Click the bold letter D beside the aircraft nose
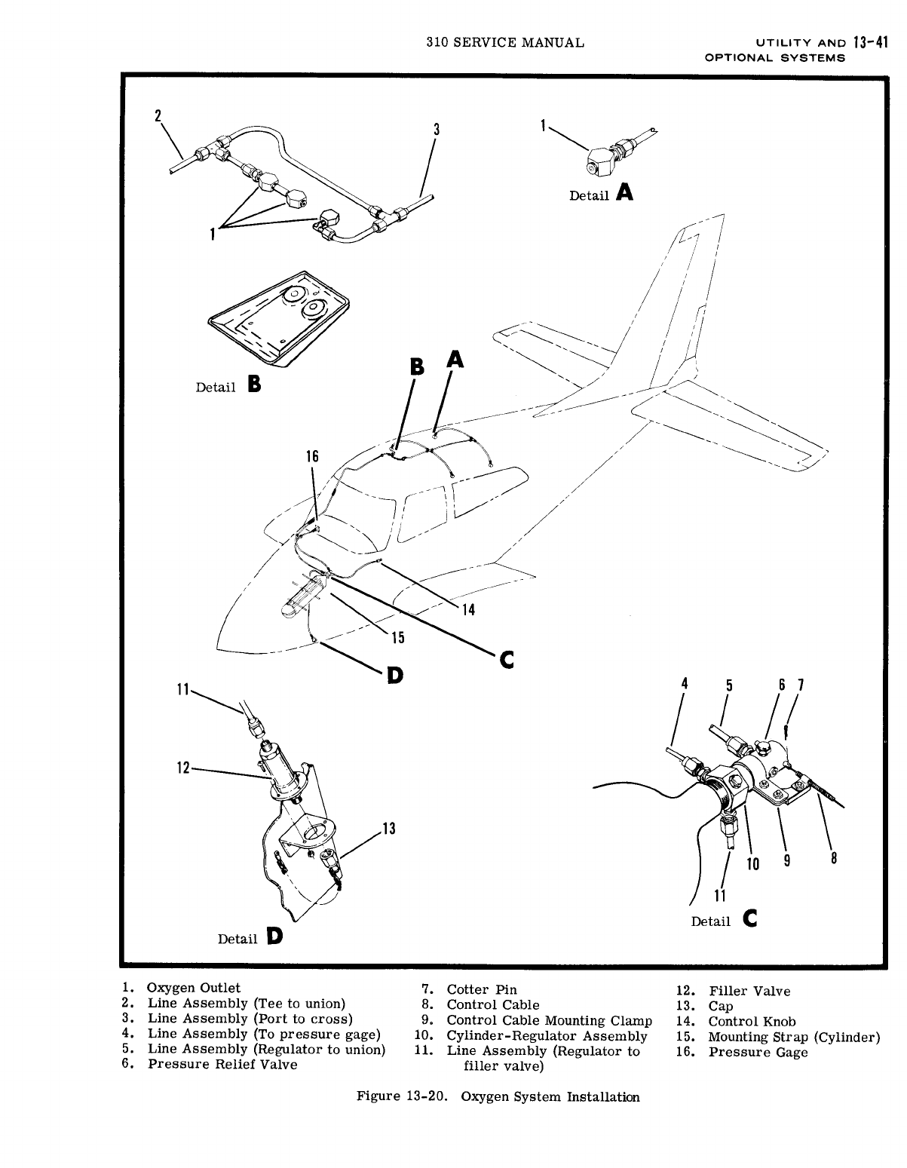[x=394, y=675]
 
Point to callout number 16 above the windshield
[x=311, y=457]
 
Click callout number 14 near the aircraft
[x=468, y=609]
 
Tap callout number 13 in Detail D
[x=389, y=830]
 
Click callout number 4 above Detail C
[x=685, y=683]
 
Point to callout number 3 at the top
[x=436, y=129]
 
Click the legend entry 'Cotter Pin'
[x=482, y=989]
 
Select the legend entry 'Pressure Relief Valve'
[x=222, y=1064]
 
